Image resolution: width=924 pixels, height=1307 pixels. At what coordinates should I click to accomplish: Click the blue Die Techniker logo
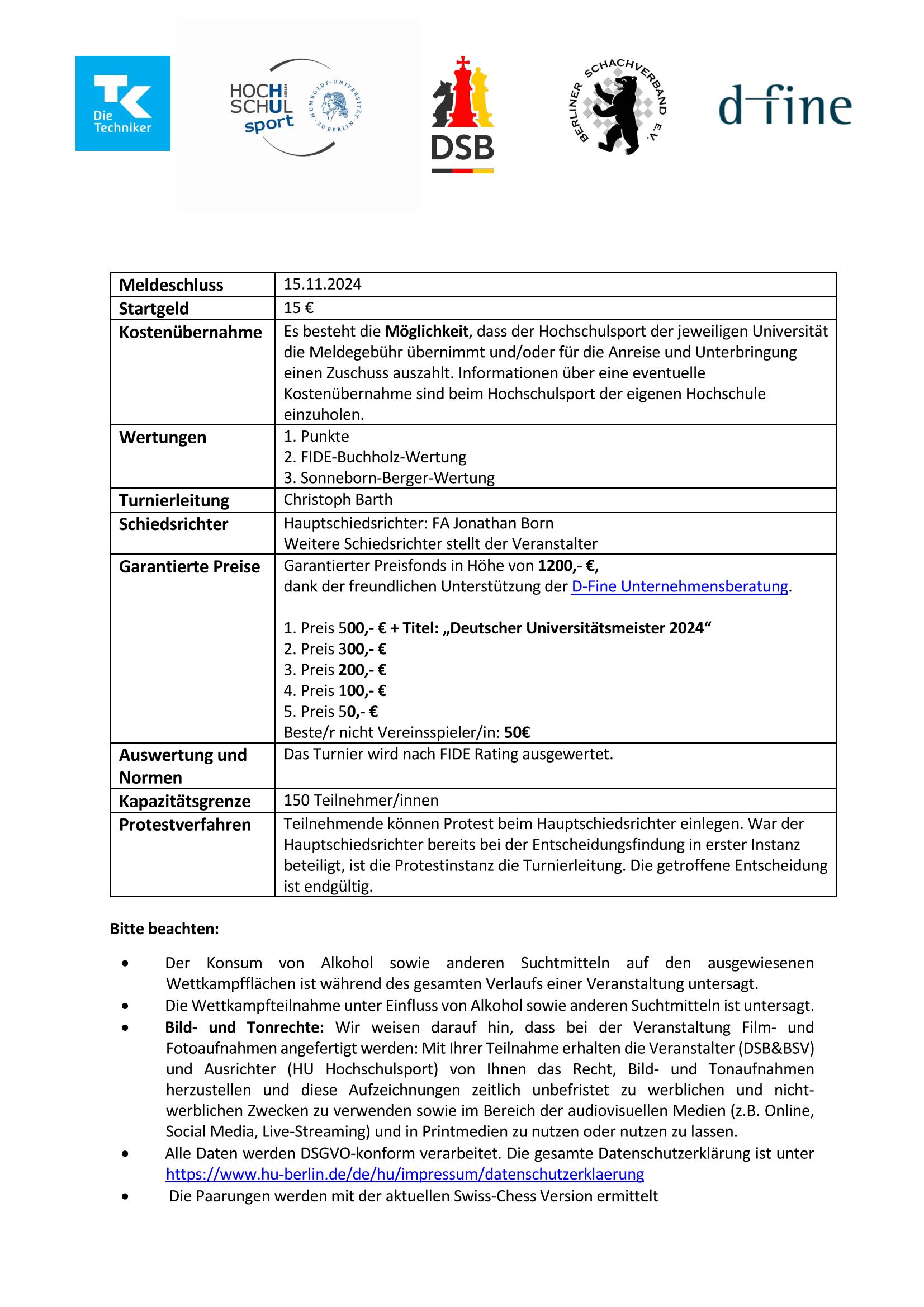(x=122, y=103)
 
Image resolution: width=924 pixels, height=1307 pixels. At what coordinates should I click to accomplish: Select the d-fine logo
(x=784, y=106)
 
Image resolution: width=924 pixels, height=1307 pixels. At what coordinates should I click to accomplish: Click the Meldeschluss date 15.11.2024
(x=322, y=284)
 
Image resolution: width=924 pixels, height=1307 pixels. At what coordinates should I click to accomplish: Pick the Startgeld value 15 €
(x=298, y=308)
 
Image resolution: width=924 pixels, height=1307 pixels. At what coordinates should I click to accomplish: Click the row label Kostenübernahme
(x=190, y=332)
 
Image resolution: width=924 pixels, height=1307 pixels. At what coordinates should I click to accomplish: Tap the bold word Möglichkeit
(x=427, y=332)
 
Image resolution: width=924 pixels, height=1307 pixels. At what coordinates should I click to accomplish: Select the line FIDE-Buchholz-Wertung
(x=375, y=457)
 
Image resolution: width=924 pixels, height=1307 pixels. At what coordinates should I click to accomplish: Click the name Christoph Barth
(x=338, y=499)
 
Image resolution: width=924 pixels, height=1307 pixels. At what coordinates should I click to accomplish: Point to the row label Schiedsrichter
(x=173, y=524)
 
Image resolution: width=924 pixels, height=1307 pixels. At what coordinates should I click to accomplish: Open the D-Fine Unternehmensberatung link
(x=679, y=586)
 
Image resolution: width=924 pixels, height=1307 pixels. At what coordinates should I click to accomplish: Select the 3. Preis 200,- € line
(x=335, y=670)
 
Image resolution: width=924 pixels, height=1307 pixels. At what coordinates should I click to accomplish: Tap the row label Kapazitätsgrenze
(x=184, y=801)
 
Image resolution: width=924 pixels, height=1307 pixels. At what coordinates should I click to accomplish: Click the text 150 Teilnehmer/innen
(x=361, y=800)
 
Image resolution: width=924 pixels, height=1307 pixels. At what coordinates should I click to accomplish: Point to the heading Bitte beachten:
(x=164, y=929)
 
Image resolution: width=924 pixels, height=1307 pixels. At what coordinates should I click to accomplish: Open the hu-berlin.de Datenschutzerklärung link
(x=404, y=1174)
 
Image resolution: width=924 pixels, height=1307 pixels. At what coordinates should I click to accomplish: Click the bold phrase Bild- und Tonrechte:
(x=244, y=1027)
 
